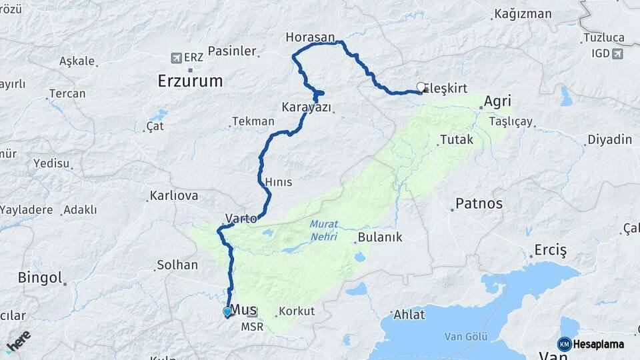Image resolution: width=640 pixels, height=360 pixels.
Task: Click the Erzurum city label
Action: (x=189, y=81)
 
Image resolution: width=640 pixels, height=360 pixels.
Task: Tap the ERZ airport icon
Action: (x=177, y=58)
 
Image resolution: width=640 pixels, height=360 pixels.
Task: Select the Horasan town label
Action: (x=310, y=36)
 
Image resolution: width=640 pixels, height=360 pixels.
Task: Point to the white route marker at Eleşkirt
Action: (x=421, y=87)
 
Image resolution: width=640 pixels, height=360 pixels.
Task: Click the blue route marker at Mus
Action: (x=227, y=311)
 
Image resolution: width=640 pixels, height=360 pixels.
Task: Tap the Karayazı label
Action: (x=307, y=107)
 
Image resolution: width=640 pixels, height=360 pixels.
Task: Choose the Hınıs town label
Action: (x=278, y=182)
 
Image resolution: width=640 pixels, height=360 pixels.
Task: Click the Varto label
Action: (x=241, y=218)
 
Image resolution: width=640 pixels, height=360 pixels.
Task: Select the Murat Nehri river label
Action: (x=323, y=231)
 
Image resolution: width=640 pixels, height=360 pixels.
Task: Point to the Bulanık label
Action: (x=380, y=237)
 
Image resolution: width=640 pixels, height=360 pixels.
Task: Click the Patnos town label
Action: (x=479, y=203)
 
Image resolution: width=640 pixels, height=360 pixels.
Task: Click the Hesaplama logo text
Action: (x=599, y=344)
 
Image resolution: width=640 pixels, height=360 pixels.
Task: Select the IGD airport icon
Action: (x=617, y=53)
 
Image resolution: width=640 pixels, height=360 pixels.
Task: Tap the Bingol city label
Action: (x=40, y=277)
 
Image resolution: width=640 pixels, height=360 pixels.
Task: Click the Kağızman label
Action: (x=523, y=13)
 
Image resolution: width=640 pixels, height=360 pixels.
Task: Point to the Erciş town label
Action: (x=550, y=251)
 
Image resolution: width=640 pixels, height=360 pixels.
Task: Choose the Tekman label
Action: (x=253, y=121)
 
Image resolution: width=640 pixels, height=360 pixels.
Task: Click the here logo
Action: (x=18, y=341)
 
